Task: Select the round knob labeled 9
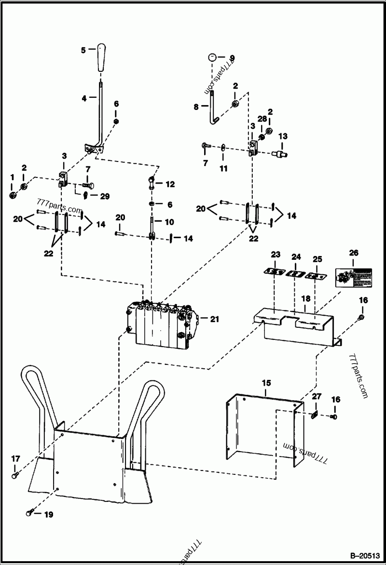pos(211,57)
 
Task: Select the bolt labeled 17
pos(14,476)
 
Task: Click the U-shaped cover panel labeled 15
pos(265,424)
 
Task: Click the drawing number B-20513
pos(361,555)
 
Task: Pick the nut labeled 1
pos(13,195)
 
